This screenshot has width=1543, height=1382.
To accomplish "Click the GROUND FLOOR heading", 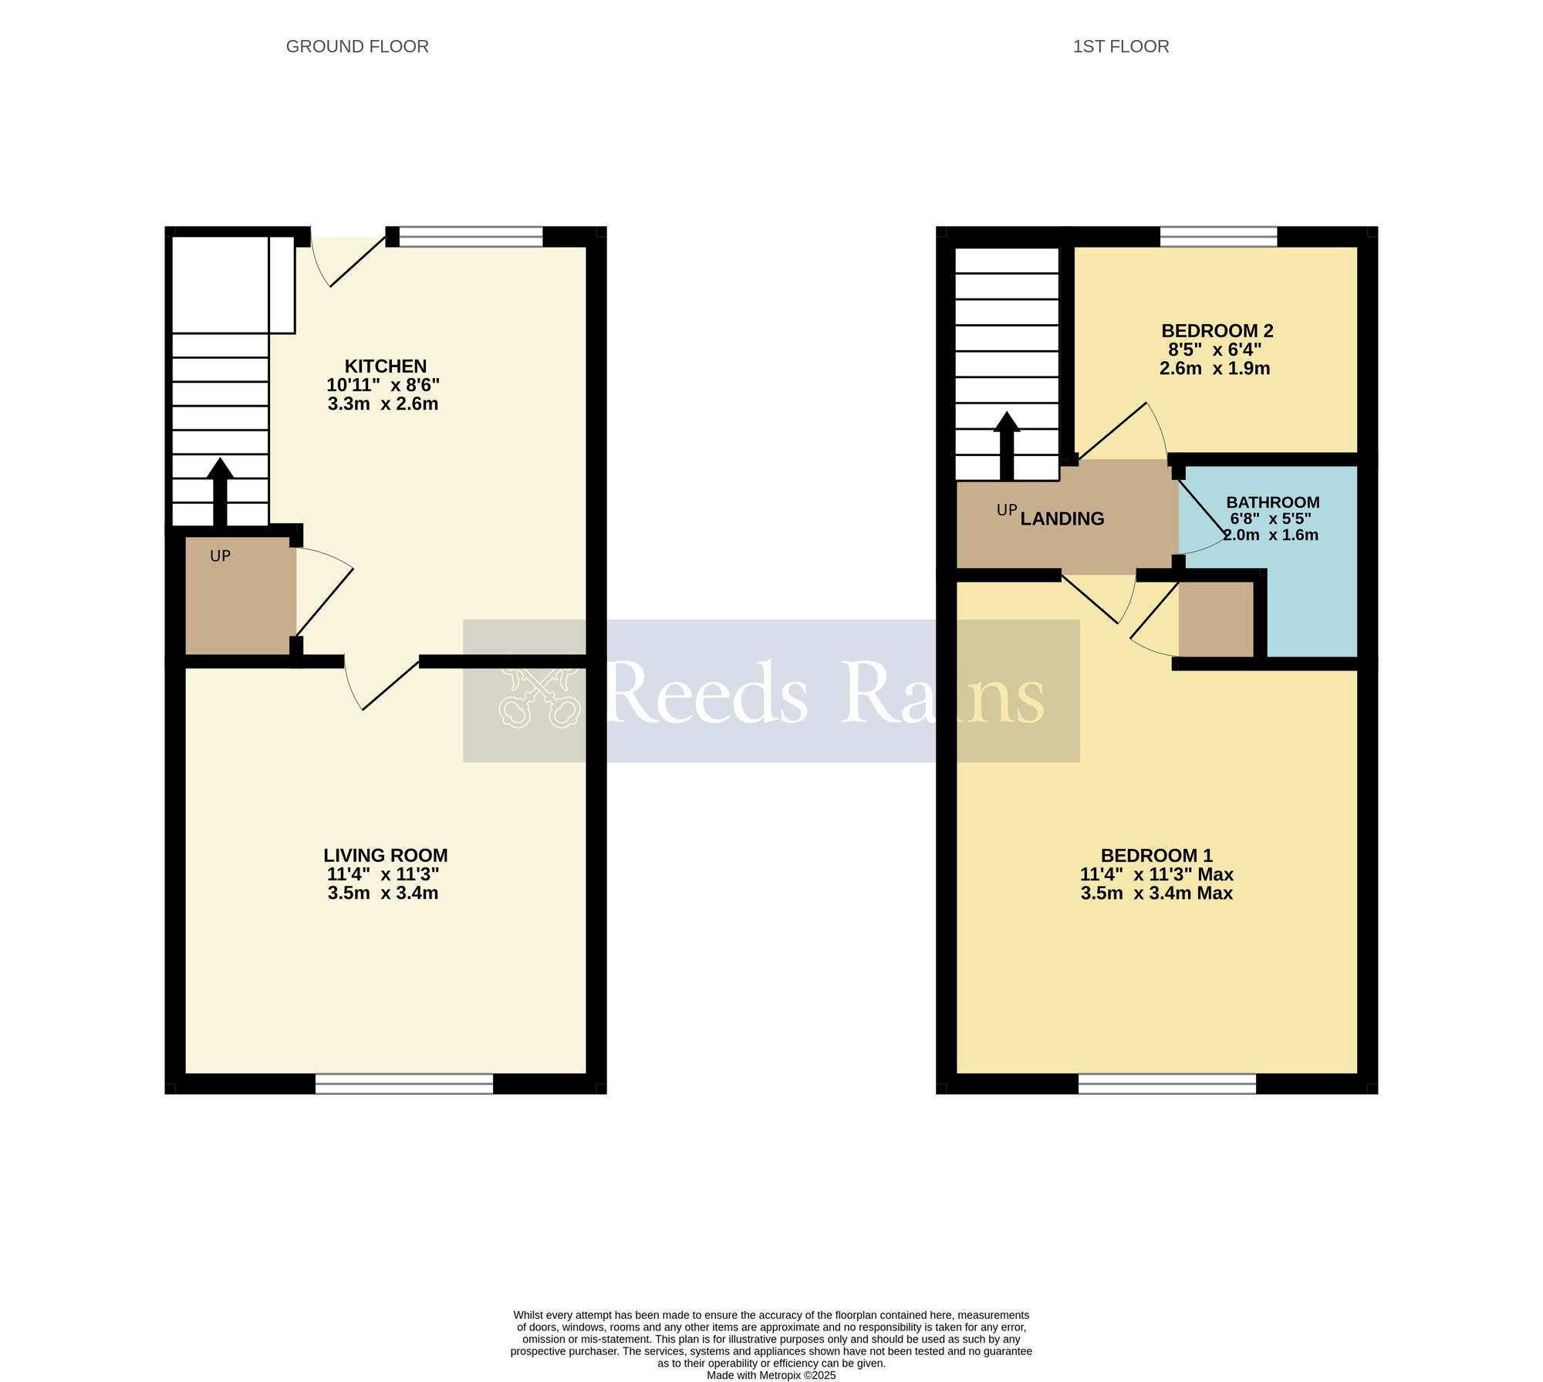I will (357, 46).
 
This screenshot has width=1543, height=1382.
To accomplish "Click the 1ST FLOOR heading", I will (1120, 46).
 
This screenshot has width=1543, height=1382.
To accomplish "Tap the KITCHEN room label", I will (385, 366).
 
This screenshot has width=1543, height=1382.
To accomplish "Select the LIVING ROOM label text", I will (385, 855).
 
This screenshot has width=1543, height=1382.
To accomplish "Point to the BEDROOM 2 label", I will (1217, 331).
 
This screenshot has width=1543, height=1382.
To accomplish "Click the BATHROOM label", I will (1272, 502).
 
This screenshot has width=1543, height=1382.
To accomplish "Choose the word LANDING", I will (1062, 519).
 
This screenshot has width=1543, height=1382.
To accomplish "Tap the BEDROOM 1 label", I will (1156, 855).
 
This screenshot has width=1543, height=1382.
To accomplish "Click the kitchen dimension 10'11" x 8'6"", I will (383, 385).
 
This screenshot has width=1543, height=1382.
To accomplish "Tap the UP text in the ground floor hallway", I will (220, 556).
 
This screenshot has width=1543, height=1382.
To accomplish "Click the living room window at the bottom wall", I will (403, 1083).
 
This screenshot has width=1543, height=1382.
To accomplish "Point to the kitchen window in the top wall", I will (471, 236).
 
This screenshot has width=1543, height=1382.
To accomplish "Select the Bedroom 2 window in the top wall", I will (1218, 236).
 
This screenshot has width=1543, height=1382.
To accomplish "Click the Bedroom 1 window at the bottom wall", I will (1167, 1083).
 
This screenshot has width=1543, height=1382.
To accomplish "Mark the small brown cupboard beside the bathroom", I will (1216, 619).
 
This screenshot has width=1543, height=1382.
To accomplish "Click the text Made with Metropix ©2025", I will (771, 1375).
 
